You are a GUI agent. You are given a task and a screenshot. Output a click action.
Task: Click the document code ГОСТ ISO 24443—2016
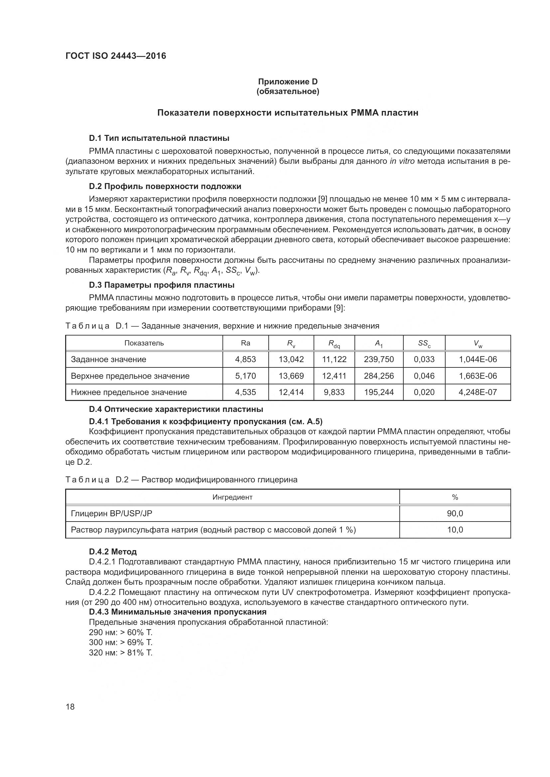click(116, 56)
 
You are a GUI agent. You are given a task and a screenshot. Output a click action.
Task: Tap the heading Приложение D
click(288, 82)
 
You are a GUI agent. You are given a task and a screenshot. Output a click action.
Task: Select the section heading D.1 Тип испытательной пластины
click(159, 138)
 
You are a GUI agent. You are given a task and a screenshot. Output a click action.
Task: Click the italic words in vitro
click(402, 161)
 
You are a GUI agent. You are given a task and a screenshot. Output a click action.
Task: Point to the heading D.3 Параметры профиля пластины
click(162, 285)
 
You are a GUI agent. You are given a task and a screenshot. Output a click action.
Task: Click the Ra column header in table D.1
click(245, 343)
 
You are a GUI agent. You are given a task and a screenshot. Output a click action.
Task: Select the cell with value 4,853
click(245, 359)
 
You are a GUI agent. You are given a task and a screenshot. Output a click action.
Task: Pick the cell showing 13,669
click(291, 376)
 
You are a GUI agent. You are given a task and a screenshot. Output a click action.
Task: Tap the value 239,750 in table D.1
click(379, 359)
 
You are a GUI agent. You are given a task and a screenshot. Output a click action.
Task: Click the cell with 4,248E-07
click(478, 392)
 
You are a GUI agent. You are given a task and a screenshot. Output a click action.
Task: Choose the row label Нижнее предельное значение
click(129, 392)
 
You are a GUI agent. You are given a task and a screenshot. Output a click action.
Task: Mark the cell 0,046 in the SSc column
click(424, 376)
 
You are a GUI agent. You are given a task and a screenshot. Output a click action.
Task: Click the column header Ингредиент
click(232, 497)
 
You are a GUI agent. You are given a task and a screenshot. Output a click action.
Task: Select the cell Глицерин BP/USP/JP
click(111, 513)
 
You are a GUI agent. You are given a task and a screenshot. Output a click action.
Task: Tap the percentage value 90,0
click(455, 513)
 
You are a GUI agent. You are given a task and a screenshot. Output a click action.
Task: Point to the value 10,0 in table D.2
click(455, 530)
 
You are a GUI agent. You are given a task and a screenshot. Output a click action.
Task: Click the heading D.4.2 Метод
click(113, 552)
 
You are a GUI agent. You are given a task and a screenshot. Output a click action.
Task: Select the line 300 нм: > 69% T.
click(121, 642)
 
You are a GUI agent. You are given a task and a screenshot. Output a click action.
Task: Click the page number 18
click(70, 707)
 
